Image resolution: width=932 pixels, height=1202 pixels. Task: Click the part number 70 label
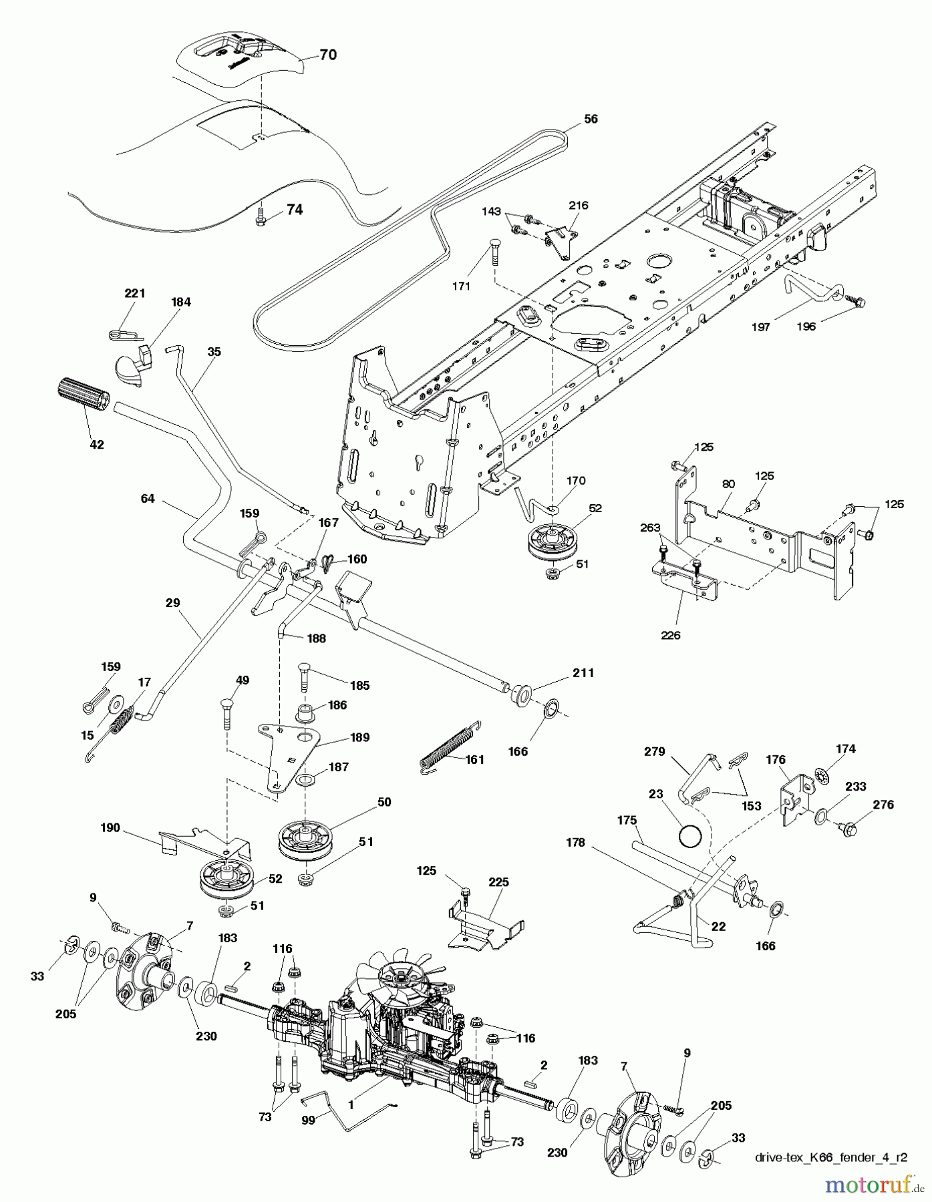[x=327, y=55]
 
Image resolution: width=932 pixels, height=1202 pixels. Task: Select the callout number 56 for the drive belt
[x=590, y=120]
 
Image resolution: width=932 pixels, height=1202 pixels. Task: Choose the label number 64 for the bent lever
[x=148, y=498]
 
